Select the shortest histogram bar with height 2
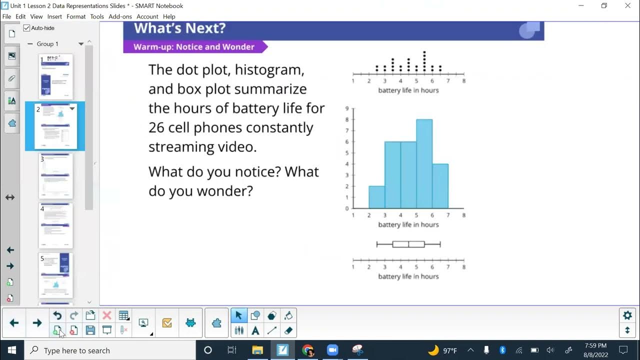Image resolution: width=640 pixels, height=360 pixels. coord(376,197)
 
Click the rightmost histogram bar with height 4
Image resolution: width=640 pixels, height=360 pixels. coord(440,186)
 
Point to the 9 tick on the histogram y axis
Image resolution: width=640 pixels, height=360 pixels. coord(347,108)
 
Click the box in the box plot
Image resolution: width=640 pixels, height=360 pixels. coord(408,244)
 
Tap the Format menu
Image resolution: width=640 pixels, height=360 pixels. coord(76,16)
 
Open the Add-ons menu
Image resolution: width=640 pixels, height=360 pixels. coord(120,16)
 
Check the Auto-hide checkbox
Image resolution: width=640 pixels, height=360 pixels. coord(27,28)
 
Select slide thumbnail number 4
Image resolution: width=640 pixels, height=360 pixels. coord(56,225)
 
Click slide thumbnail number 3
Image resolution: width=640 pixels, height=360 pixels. coord(56,176)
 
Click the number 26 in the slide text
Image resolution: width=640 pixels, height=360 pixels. coord(157,127)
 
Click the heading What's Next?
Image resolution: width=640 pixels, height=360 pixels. coord(179,28)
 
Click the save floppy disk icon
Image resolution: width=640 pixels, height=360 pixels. coord(90,330)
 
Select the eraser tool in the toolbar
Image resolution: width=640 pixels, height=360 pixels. coord(288,330)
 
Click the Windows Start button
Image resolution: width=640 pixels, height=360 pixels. coord(11,350)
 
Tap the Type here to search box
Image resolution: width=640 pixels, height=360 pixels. coord(110,350)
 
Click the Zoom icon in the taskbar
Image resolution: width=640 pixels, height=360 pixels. coord(332,350)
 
